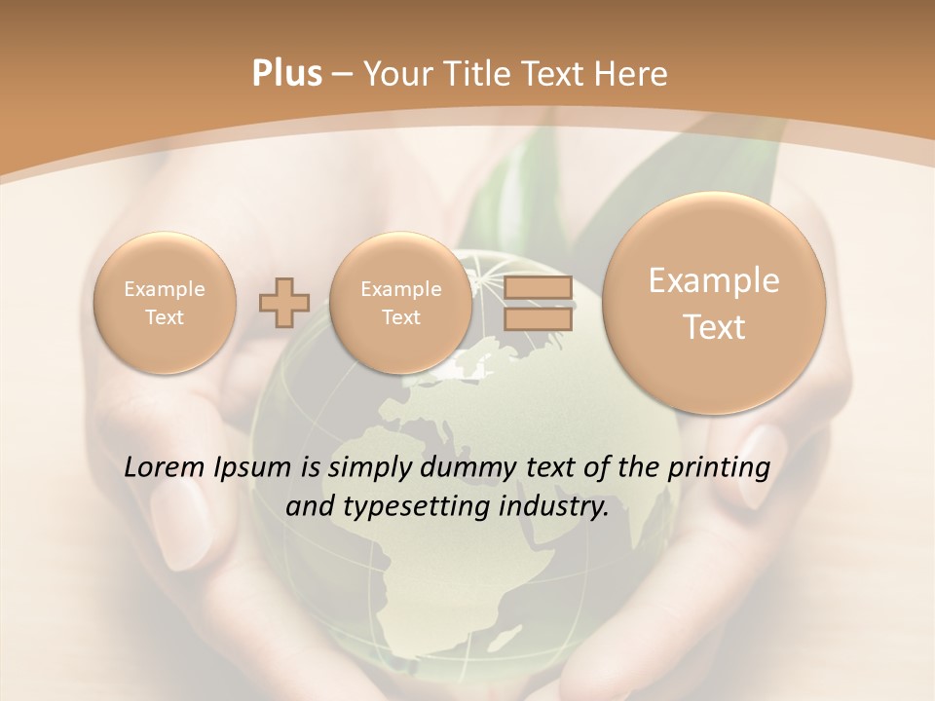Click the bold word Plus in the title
[286, 74]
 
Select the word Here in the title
[632, 74]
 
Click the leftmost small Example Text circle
[165, 303]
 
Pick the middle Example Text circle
[400, 303]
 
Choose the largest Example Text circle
[714, 303]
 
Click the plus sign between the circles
[283, 303]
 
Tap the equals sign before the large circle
[538, 303]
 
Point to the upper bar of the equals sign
[538, 288]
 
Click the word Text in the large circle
[714, 327]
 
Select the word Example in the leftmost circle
[165, 289]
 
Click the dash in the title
[342, 74]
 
